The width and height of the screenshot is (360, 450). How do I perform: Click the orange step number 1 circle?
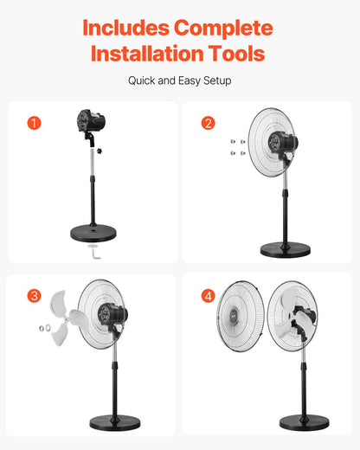point(34,123)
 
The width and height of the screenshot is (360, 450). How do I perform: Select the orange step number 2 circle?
point(208,123)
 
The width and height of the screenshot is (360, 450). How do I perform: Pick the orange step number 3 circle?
point(34,296)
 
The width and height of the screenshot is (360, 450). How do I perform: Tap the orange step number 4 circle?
point(208,296)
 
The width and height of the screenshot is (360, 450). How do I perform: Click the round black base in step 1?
point(93,233)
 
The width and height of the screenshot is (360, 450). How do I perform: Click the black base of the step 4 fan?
point(303,423)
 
